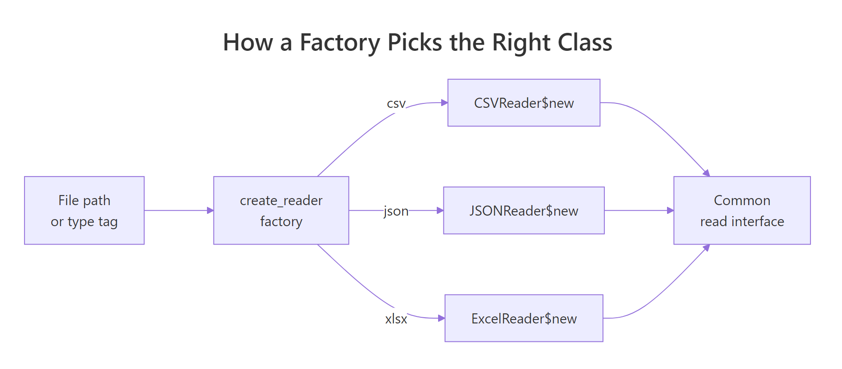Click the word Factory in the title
[x=340, y=43]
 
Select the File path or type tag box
[x=84, y=210]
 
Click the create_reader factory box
[x=281, y=210]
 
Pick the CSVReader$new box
[x=524, y=103]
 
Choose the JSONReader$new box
[x=524, y=210]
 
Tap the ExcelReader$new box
[x=524, y=318]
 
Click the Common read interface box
[x=742, y=210]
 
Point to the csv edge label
[x=396, y=104]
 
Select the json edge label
[x=396, y=211]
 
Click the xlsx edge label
[x=396, y=319]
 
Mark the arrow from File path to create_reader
[x=178, y=210]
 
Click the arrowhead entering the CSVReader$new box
[x=444, y=103]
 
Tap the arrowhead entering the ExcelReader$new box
[x=442, y=318]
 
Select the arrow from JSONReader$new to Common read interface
[x=639, y=210]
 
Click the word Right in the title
[x=521, y=43]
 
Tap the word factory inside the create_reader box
[x=281, y=221]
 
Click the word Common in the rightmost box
[x=742, y=200]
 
